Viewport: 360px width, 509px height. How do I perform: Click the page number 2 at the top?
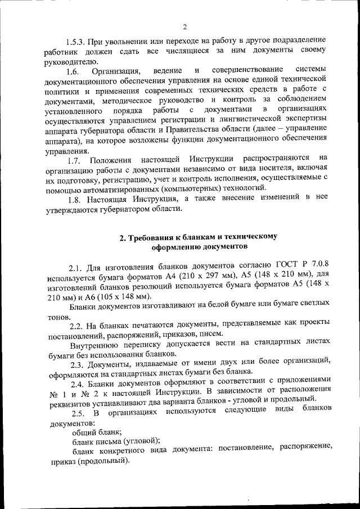point(184,26)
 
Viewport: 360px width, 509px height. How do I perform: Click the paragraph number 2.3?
point(76,363)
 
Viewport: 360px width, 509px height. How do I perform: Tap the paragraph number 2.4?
point(76,383)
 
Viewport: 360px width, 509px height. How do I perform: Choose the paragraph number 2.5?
point(76,413)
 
